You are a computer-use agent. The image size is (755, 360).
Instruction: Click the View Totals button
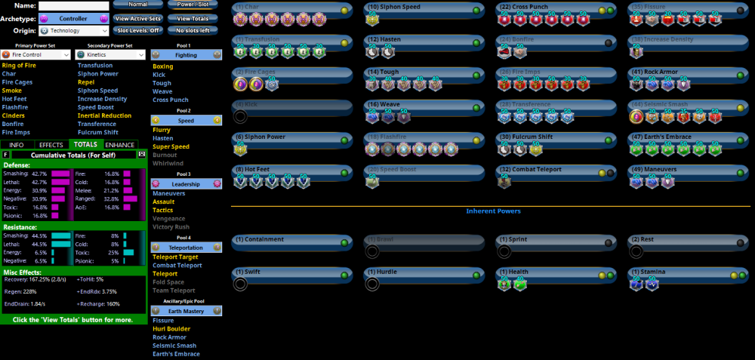click(x=193, y=18)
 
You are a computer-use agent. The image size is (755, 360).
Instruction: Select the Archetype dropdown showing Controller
click(x=74, y=18)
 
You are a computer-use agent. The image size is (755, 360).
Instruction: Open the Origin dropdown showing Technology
click(x=74, y=31)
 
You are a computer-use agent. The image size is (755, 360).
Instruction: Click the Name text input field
click(x=74, y=5)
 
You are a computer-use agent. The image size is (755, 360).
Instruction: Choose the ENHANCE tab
click(x=120, y=144)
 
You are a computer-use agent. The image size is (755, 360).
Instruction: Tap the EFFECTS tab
click(x=51, y=144)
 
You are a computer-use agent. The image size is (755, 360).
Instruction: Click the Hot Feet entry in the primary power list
click(x=15, y=99)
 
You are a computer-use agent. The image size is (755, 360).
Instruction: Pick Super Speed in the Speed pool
click(x=171, y=146)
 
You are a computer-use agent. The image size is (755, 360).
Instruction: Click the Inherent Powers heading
click(x=493, y=211)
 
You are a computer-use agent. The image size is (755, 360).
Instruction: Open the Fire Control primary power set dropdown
click(x=36, y=54)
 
